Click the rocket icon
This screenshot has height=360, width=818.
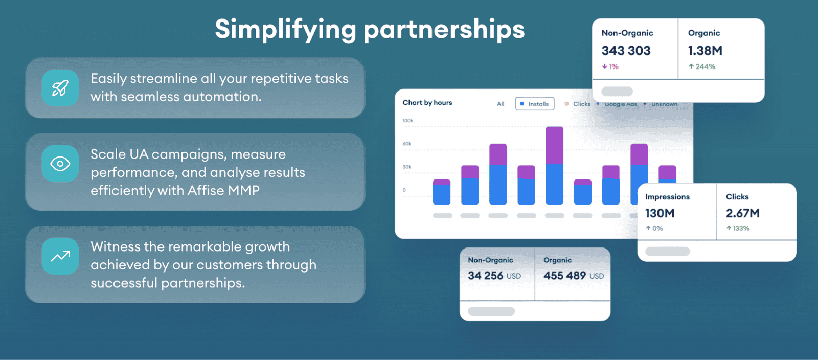click(60, 88)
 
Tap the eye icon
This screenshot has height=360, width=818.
click(60, 164)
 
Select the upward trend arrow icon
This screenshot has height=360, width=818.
click(60, 256)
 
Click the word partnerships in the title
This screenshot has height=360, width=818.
click(444, 30)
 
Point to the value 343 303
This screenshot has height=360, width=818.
click(626, 51)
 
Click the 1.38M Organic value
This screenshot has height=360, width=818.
click(705, 51)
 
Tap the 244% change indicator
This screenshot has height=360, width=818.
click(702, 66)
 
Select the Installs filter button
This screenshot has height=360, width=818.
click(535, 104)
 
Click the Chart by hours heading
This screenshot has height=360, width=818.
click(427, 103)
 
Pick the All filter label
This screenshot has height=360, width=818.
click(501, 104)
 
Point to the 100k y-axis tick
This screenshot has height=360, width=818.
click(407, 121)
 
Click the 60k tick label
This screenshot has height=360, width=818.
click(407, 144)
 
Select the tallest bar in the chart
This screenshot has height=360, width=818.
click(554, 165)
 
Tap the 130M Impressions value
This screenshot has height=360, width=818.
click(660, 213)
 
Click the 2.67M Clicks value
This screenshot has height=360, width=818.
click(742, 213)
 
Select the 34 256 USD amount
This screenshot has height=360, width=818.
click(494, 276)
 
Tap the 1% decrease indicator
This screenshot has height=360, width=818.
click(610, 66)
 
